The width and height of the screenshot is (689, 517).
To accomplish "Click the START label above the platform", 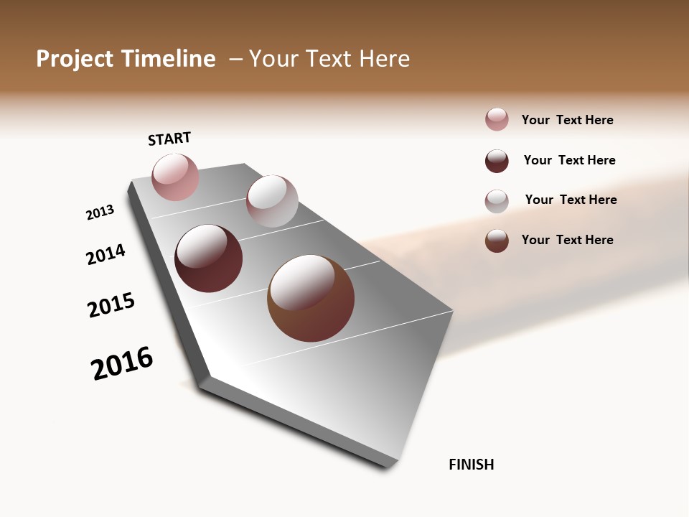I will [169, 139].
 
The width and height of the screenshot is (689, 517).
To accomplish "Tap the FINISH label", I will [471, 465].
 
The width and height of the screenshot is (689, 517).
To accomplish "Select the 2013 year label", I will [100, 213].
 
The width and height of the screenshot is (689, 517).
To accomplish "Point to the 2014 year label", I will [106, 254].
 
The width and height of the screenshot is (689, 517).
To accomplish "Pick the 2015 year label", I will [111, 305].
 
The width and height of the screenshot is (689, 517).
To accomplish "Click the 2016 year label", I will [122, 363].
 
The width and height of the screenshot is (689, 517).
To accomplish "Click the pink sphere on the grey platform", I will [175, 177].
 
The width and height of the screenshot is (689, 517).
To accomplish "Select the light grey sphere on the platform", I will [272, 201].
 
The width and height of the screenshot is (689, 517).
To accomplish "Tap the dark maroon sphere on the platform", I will [209, 258].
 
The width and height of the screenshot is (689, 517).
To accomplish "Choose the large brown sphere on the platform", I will [311, 298].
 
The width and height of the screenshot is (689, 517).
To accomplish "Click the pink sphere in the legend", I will [497, 119].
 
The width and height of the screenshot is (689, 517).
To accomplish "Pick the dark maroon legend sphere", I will [497, 161].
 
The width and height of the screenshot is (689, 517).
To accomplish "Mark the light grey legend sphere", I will [497, 201].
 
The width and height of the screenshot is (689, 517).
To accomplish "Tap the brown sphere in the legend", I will [497, 241].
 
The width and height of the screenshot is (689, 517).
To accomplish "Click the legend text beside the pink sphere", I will [567, 120].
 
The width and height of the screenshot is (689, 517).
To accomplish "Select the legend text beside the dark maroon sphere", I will [569, 160].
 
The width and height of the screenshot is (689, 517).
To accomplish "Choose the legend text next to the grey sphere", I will [571, 200].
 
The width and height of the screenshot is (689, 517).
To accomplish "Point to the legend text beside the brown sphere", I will [567, 240].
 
